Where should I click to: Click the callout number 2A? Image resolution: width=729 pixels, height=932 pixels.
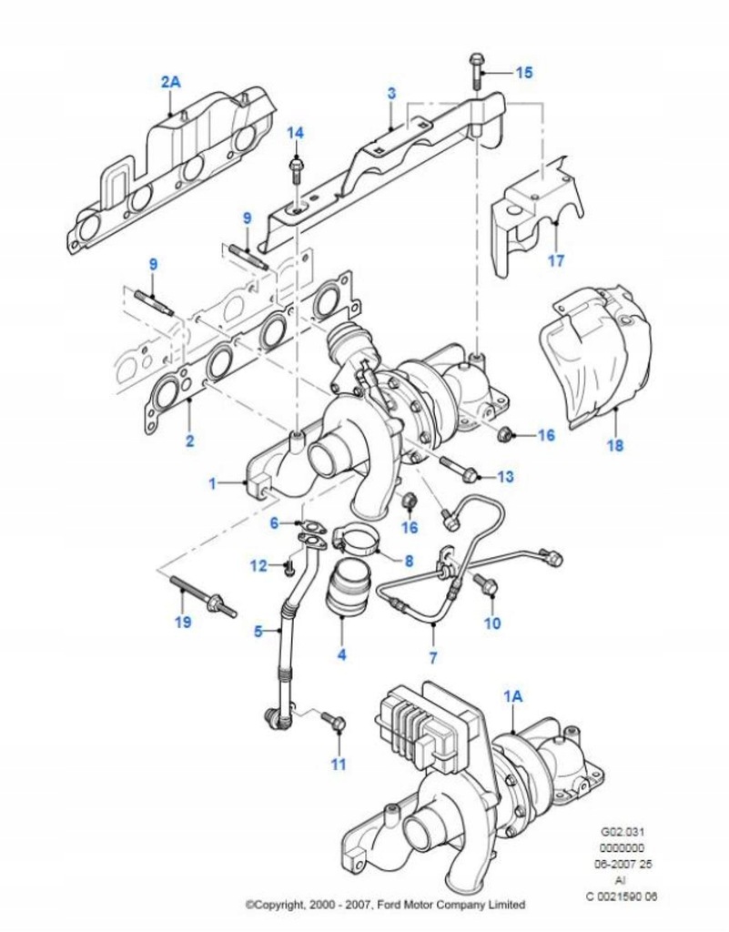click(x=171, y=82)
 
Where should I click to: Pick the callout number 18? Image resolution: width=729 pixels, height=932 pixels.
click(x=615, y=446)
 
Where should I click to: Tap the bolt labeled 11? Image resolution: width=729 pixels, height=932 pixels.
click(x=333, y=722)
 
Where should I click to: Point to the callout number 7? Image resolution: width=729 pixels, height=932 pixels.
click(x=432, y=657)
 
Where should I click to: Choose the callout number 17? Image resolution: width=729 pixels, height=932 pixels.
click(x=555, y=260)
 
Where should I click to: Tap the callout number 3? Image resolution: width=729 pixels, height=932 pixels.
click(x=390, y=93)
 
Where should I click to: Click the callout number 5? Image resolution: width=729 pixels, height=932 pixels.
click(x=258, y=630)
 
